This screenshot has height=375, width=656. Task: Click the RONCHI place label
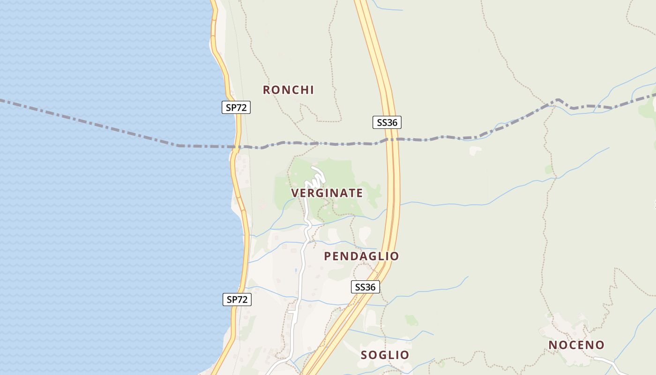[288, 90]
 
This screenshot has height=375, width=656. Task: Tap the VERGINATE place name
[327, 193]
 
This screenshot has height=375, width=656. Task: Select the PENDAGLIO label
[361, 256]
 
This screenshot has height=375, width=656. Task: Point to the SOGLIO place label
[385, 355]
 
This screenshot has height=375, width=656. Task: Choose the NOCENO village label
[576, 345]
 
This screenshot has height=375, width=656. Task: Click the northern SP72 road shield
[236, 107]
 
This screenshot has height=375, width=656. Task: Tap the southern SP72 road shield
[237, 300]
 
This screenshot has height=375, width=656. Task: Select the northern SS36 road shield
[387, 123]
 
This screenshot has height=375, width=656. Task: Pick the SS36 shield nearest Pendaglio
[365, 287]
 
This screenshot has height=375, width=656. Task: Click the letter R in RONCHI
[267, 90]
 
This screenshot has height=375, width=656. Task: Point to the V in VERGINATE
[295, 193]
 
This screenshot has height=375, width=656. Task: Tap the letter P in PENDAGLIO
[328, 256]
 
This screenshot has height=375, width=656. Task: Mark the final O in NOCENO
[600, 345]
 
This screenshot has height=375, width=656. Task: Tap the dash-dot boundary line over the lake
[94, 122]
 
